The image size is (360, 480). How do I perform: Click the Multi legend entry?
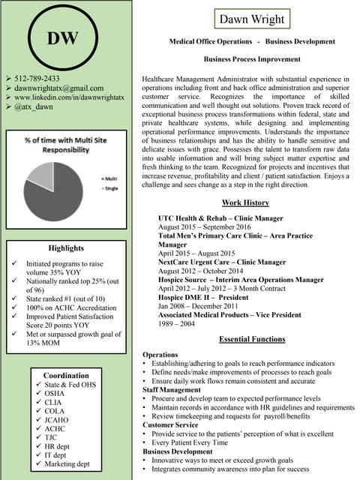(108, 178)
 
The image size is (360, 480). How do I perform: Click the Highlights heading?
(66, 248)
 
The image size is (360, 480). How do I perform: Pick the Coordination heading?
(66, 375)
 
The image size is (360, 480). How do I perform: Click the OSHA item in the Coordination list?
(55, 393)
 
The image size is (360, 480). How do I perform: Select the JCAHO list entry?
(57, 421)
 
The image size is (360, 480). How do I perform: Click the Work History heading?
(245, 203)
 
